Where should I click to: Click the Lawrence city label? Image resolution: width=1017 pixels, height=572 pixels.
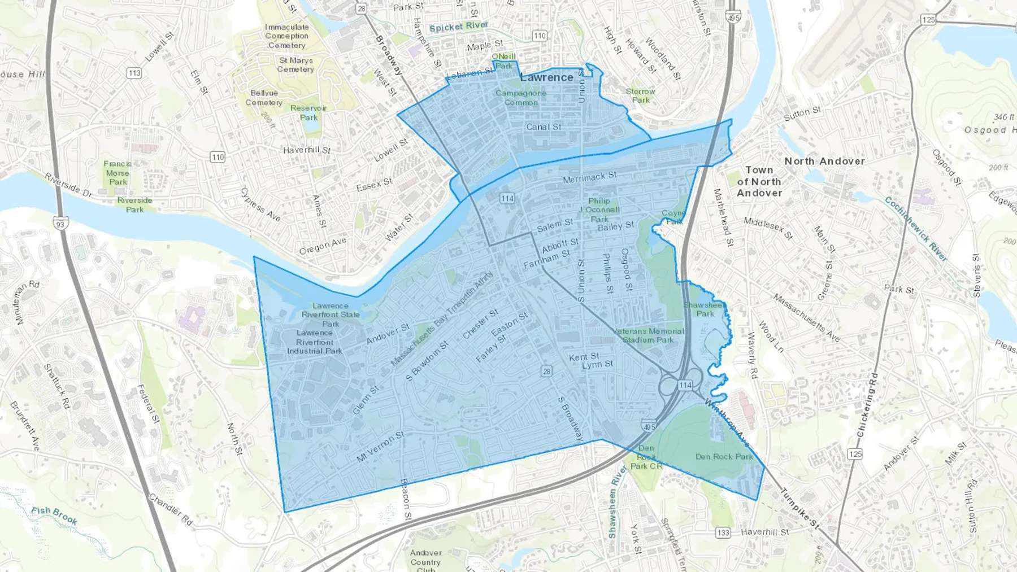(546, 77)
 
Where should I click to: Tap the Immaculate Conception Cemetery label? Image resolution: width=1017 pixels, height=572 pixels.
(286, 36)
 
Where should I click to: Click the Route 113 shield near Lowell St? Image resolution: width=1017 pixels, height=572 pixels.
(134, 73)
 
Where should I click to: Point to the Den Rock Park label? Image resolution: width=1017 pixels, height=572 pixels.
(724, 456)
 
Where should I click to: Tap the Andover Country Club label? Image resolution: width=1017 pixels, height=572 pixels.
(425, 561)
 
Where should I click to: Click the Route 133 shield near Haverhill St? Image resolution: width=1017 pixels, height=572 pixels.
(723, 532)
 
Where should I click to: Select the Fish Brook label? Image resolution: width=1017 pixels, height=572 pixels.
(54, 514)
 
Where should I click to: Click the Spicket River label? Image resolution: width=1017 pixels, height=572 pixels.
(458, 27)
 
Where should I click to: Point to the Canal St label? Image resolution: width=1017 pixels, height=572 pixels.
(544, 127)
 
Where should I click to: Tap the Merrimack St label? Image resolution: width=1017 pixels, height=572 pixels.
(589, 178)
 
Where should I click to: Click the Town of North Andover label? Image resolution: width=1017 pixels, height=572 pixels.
(759, 181)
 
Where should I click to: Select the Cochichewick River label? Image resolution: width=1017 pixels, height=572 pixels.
(915, 228)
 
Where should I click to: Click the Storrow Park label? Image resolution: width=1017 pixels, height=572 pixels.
(640, 95)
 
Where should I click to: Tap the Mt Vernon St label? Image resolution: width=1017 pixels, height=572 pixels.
(380, 447)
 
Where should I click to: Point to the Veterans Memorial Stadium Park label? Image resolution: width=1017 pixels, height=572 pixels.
(648, 335)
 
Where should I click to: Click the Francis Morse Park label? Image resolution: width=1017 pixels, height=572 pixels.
(118, 173)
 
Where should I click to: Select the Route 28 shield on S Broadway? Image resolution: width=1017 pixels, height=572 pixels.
(546, 371)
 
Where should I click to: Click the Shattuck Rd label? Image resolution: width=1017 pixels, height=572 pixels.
(56, 386)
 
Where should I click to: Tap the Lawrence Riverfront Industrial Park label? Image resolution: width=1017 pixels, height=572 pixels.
(315, 342)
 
